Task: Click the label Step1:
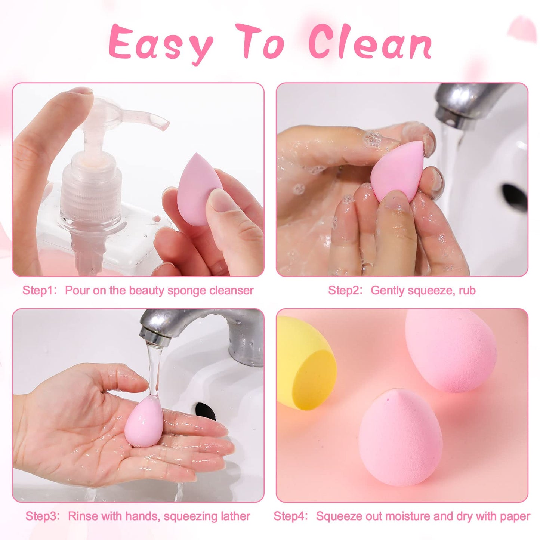click(x=40, y=290)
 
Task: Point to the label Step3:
click(x=43, y=516)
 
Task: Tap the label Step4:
click(x=291, y=516)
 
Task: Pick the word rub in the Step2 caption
click(x=467, y=290)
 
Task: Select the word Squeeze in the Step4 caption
click(x=336, y=516)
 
